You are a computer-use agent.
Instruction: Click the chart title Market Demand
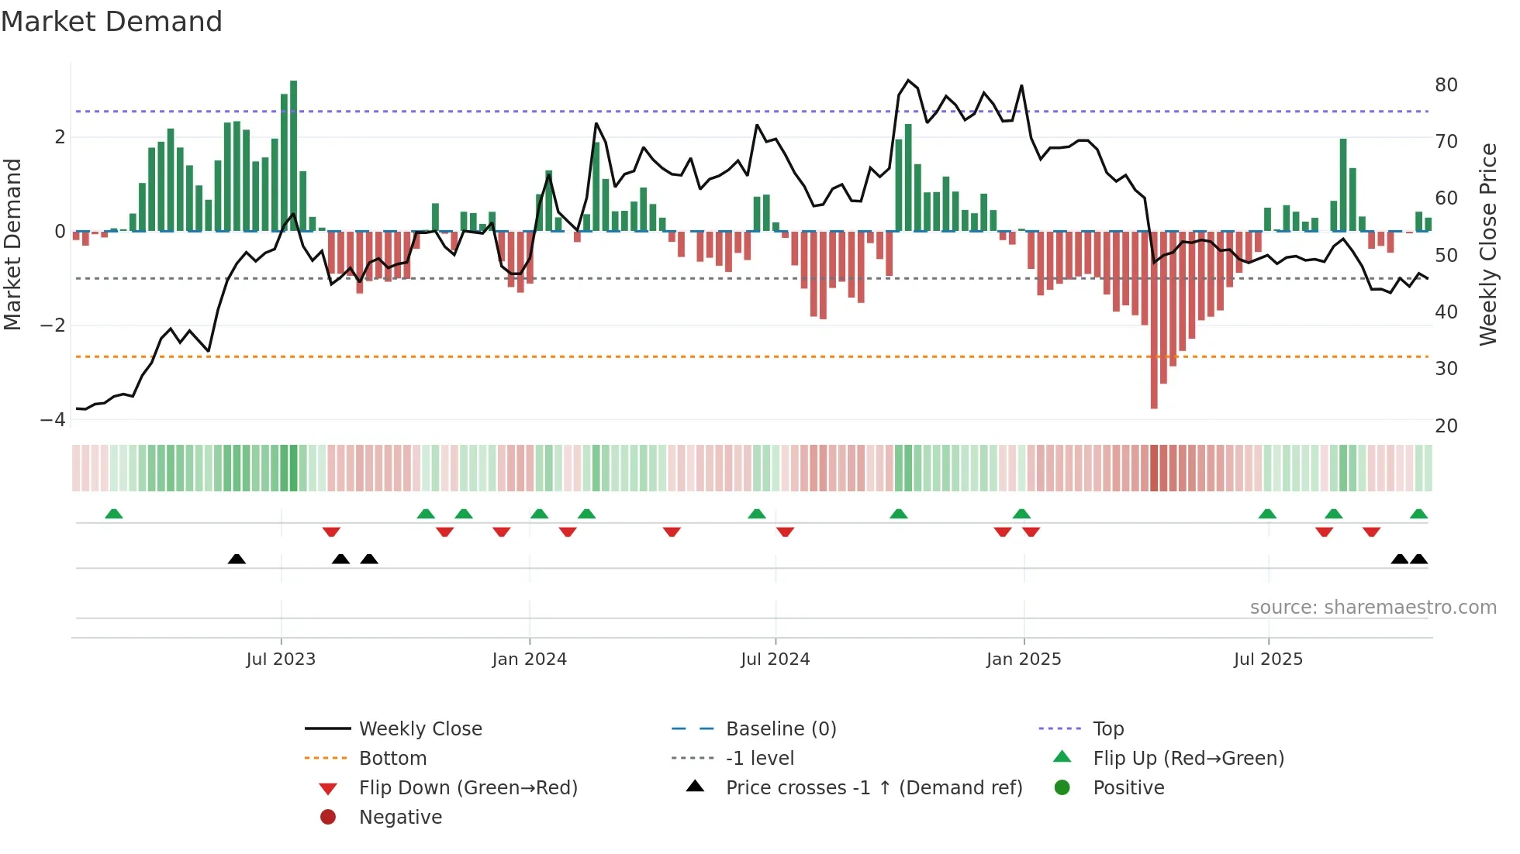[112, 22]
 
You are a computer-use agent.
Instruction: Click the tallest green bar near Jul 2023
[293, 155]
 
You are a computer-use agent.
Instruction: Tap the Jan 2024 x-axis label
[529, 659]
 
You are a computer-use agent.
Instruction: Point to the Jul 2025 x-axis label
[1268, 659]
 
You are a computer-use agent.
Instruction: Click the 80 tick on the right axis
[1446, 84]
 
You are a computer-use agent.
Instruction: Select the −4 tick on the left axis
[53, 419]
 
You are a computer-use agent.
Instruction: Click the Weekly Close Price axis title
[1487, 244]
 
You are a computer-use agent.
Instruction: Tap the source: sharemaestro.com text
[1373, 607]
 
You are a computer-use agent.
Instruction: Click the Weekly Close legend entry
[420, 728]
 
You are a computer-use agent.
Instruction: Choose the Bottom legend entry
[392, 758]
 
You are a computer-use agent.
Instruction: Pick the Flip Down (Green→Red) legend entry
[468, 787]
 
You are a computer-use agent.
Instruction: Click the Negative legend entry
[400, 817]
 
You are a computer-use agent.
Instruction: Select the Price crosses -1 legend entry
[873, 787]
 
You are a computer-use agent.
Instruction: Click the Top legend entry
[1108, 728]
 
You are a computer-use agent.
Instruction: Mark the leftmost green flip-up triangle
[114, 514]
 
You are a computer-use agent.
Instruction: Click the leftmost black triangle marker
[237, 559]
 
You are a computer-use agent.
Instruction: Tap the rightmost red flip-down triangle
[1371, 532]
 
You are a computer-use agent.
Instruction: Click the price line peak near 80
[909, 81]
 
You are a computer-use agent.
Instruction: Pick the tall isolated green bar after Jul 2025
[1343, 184]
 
